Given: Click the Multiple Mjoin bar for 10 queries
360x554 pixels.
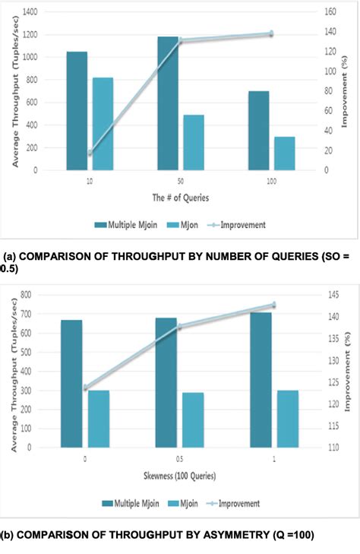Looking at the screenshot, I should point(77,111).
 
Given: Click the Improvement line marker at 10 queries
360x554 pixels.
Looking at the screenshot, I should point(90,153).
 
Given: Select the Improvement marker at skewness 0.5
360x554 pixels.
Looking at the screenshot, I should point(180,327).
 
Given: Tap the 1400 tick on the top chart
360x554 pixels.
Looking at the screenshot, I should point(48,12).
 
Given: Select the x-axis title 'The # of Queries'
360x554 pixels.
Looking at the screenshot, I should point(179,197).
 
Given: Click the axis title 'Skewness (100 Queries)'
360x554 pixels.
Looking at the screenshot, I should point(179,476).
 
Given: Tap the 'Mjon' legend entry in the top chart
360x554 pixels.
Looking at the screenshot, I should point(186,225).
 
